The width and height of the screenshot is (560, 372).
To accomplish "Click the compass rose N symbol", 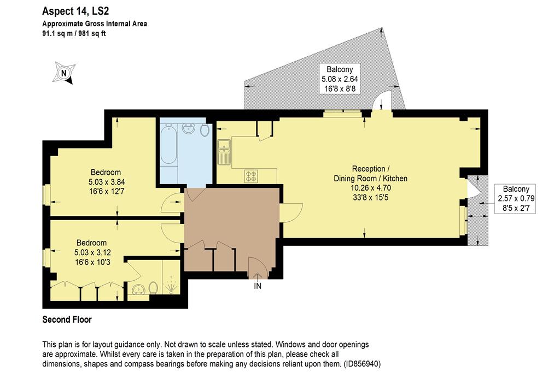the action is point(64,73).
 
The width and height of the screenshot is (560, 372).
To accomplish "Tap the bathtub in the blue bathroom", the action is point(168,144).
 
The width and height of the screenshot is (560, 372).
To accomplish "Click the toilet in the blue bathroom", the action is point(205,130).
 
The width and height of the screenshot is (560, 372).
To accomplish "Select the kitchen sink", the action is point(224,152).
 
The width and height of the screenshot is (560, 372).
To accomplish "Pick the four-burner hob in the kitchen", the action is point(251,176).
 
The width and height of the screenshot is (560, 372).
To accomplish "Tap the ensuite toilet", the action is point(153,288).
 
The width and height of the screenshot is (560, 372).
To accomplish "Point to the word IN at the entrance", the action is point(258,286).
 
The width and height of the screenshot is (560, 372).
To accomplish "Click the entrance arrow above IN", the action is point(258,276).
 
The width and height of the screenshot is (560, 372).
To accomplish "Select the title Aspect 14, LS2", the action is point(75,11).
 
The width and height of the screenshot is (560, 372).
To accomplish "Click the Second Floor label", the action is point(67,320).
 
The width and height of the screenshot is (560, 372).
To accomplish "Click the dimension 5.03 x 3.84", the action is point(107,182).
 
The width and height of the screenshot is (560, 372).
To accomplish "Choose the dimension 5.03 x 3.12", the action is point(92,252).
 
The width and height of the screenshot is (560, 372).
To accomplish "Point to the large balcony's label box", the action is point(340,79).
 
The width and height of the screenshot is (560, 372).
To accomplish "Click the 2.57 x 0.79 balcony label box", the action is point(515,199).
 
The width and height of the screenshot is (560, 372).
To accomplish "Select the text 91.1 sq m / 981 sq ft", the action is point(74,34).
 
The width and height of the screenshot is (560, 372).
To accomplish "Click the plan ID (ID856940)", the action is point(362,364).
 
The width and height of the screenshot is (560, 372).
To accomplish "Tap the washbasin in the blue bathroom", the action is point(188,128).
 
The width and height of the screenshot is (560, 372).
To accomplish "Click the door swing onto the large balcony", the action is point(382,100).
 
